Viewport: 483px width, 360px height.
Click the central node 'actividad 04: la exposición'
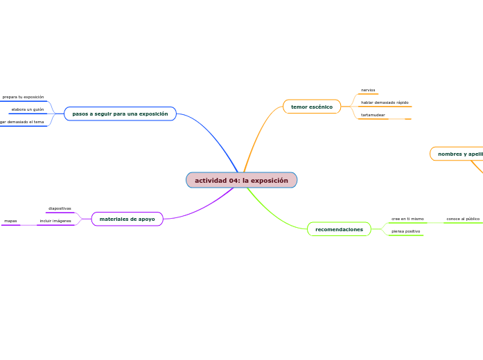coord(241,180)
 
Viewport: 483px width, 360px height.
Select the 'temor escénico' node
coord(312,107)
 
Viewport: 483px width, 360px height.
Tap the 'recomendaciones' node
coord(339,229)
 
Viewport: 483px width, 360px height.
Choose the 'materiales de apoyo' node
coord(128,219)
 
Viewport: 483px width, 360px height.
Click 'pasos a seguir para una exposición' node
coord(120,114)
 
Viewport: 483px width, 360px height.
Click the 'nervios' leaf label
coord(368,90)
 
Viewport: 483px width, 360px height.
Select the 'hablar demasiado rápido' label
coord(385,102)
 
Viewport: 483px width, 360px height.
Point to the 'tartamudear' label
coord(373,115)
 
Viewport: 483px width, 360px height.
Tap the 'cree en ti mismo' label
coord(407,219)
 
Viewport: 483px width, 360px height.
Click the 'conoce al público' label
coord(463,219)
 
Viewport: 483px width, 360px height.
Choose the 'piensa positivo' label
coord(405,231)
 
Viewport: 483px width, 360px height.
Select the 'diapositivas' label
coord(60,208)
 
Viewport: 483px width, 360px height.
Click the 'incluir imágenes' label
coord(55,221)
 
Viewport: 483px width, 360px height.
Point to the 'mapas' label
coord(10,221)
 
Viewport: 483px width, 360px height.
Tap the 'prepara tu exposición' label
coord(23,97)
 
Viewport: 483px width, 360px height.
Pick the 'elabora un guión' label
coord(28,109)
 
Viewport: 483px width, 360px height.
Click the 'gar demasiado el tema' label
coord(21,122)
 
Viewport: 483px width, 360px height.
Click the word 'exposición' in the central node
coord(270,180)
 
